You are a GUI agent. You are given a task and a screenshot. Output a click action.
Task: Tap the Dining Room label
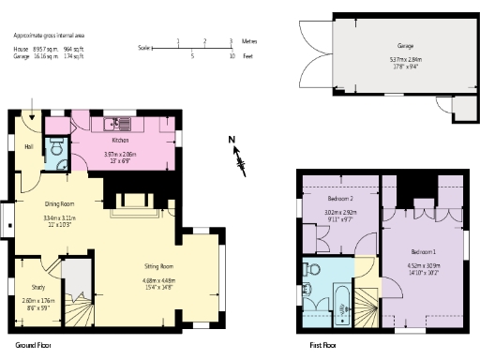point(59,203)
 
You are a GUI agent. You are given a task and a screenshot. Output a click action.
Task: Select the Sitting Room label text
point(158,266)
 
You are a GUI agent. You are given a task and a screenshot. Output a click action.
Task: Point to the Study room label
point(38,288)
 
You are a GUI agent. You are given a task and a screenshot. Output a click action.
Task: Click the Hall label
point(28,146)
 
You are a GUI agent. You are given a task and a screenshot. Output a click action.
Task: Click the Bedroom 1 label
point(424,252)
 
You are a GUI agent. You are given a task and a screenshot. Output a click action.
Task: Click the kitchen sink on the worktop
point(123,122)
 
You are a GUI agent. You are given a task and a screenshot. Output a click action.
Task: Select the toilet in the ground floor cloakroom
point(58,148)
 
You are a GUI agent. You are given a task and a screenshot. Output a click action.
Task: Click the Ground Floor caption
point(32,345)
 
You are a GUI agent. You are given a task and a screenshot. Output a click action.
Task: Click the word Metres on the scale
point(248,42)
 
